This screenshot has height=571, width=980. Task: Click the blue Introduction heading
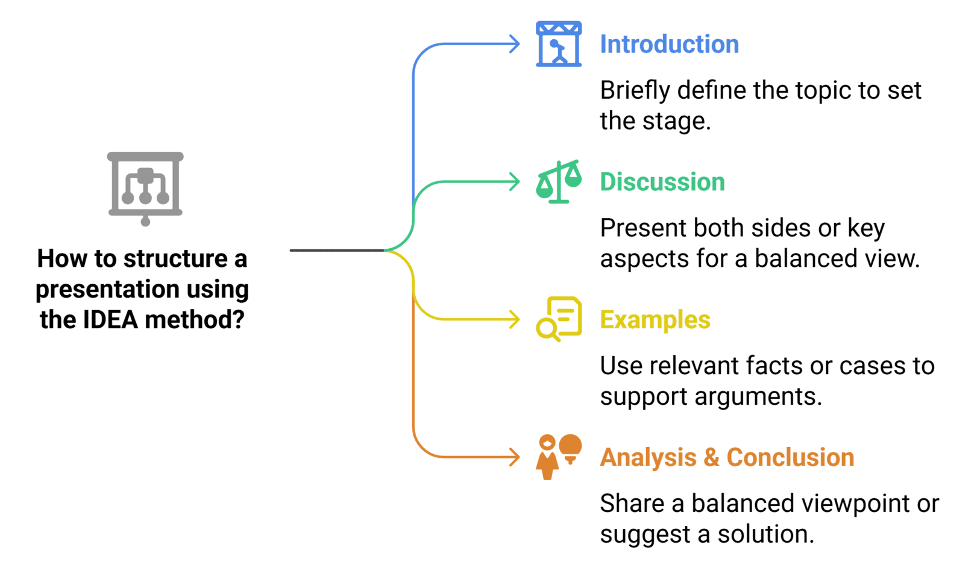point(670,44)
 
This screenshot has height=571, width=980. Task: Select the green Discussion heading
point(662,182)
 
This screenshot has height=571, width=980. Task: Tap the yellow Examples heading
point(655,320)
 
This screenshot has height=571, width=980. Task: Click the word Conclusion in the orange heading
point(790,457)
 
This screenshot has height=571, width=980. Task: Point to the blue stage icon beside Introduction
point(559,44)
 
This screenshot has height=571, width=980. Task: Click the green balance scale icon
point(559,181)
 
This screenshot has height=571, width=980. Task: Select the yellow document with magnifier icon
point(559,319)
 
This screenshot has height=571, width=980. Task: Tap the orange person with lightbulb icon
point(559,457)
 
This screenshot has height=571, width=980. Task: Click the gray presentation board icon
point(145,189)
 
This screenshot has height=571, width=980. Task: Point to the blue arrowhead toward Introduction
point(515,44)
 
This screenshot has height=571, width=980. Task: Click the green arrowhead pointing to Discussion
point(515,182)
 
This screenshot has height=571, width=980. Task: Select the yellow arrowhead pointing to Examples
point(515,320)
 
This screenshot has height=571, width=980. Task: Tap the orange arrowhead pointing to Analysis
point(515,457)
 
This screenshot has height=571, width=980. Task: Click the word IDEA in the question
point(110,320)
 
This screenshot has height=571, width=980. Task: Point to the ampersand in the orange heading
point(711,457)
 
